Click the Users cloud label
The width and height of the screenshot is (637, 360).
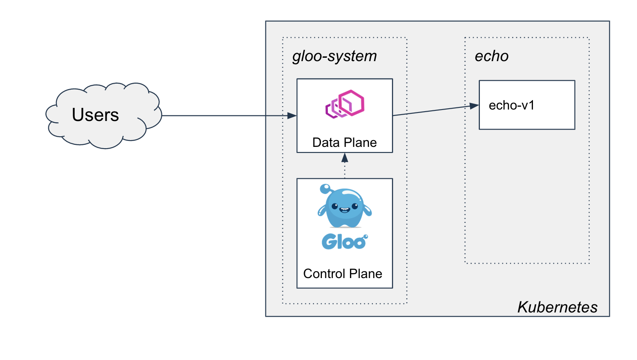tap(95, 115)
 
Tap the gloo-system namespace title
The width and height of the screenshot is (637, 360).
tap(335, 56)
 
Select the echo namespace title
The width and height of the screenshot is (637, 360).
tap(491, 56)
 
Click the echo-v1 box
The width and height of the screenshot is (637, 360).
tap(527, 105)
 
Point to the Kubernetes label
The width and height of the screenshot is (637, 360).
tap(557, 307)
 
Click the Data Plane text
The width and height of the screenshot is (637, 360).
tap(344, 142)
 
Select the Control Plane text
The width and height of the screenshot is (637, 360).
tap(343, 273)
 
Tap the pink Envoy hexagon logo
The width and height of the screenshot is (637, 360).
tap(345, 104)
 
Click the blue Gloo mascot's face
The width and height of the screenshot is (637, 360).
tap(344, 207)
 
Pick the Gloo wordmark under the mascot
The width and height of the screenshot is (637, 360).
tap(344, 242)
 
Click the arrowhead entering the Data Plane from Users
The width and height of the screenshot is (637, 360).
tap(292, 115)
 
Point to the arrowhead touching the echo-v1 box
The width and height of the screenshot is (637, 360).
tap(474, 106)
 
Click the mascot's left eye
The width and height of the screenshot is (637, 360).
tap(335, 207)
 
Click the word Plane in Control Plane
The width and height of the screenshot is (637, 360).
tap(366, 273)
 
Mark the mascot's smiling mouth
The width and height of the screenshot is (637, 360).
tap(344, 209)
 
